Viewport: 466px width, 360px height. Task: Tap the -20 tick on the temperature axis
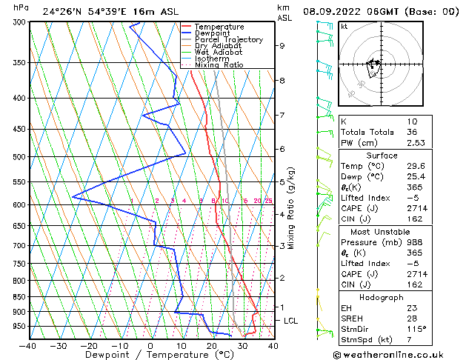89,345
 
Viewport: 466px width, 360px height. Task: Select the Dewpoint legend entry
209,33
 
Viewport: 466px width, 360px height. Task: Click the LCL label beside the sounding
290,321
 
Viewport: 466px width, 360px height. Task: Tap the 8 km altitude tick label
282,80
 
